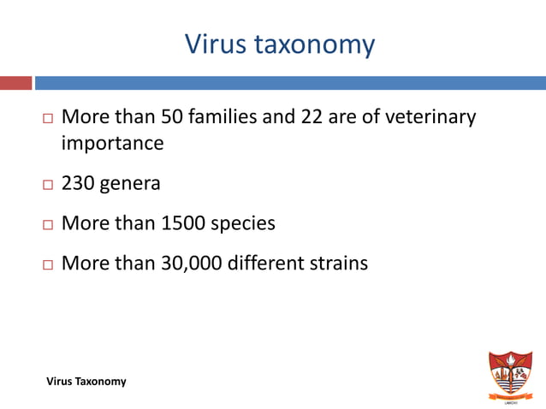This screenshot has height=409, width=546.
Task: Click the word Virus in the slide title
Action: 214,44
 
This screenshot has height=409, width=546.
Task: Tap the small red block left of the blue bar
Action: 15,83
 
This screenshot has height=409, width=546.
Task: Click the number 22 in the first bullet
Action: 311,116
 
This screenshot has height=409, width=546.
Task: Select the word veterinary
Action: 429,117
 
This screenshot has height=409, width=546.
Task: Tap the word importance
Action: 112,144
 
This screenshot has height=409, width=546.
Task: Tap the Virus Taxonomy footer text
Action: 86,382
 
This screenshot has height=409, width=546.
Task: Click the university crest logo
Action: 509,375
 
